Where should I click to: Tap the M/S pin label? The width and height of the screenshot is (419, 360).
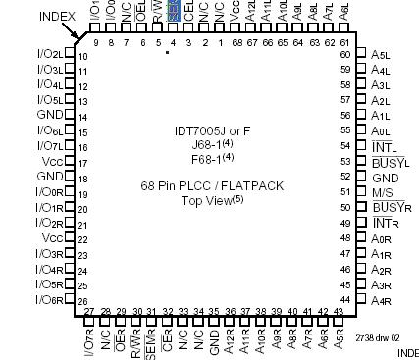pyautogui.click(x=383, y=192)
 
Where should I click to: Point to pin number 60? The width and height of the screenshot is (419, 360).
pyautogui.click(x=344, y=54)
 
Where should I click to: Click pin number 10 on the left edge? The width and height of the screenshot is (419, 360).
pyautogui.click(x=83, y=56)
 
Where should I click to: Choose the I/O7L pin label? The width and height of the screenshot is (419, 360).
pyautogui.click(x=49, y=145)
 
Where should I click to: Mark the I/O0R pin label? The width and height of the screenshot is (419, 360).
pyautogui.click(x=49, y=192)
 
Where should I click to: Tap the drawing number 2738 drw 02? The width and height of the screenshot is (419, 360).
pyautogui.click(x=377, y=337)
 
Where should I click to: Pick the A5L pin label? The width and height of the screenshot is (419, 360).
pyautogui.click(x=383, y=54)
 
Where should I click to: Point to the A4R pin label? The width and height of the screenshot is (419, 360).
pyautogui.click(x=383, y=300)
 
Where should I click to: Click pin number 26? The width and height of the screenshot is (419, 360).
pyautogui.click(x=83, y=301)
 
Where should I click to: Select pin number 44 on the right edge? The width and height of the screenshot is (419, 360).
pyautogui.click(x=344, y=299)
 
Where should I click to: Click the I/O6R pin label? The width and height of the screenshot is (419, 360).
pyautogui.click(x=49, y=300)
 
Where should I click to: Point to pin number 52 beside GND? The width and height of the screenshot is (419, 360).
pyautogui.click(x=344, y=177)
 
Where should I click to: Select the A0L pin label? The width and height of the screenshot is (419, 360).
pyautogui.click(x=383, y=130)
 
